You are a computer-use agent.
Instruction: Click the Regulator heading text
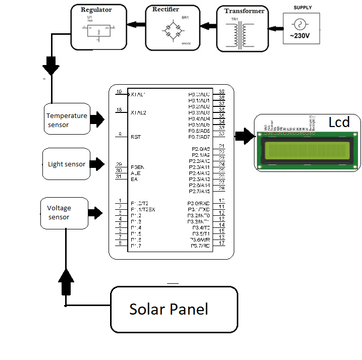pyautogui.click(x=96, y=10)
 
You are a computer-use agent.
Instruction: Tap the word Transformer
pyautogui.click(x=244, y=11)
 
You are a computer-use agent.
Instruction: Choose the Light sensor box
pyautogui.click(x=67, y=164)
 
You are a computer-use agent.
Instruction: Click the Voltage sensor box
pyautogui.click(x=63, y=213)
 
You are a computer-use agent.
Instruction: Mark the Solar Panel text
pyautogui.click(x=169, y=309)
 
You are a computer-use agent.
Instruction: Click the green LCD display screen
pyautogui.click(x=307, y=151)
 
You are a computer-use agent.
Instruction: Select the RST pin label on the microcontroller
pyautogui.click(x=136, y=137)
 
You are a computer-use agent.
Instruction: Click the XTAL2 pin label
pyautogui.click(x=138, y=112)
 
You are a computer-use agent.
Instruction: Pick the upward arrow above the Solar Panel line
pyautogui.click(x=66, y=281)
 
